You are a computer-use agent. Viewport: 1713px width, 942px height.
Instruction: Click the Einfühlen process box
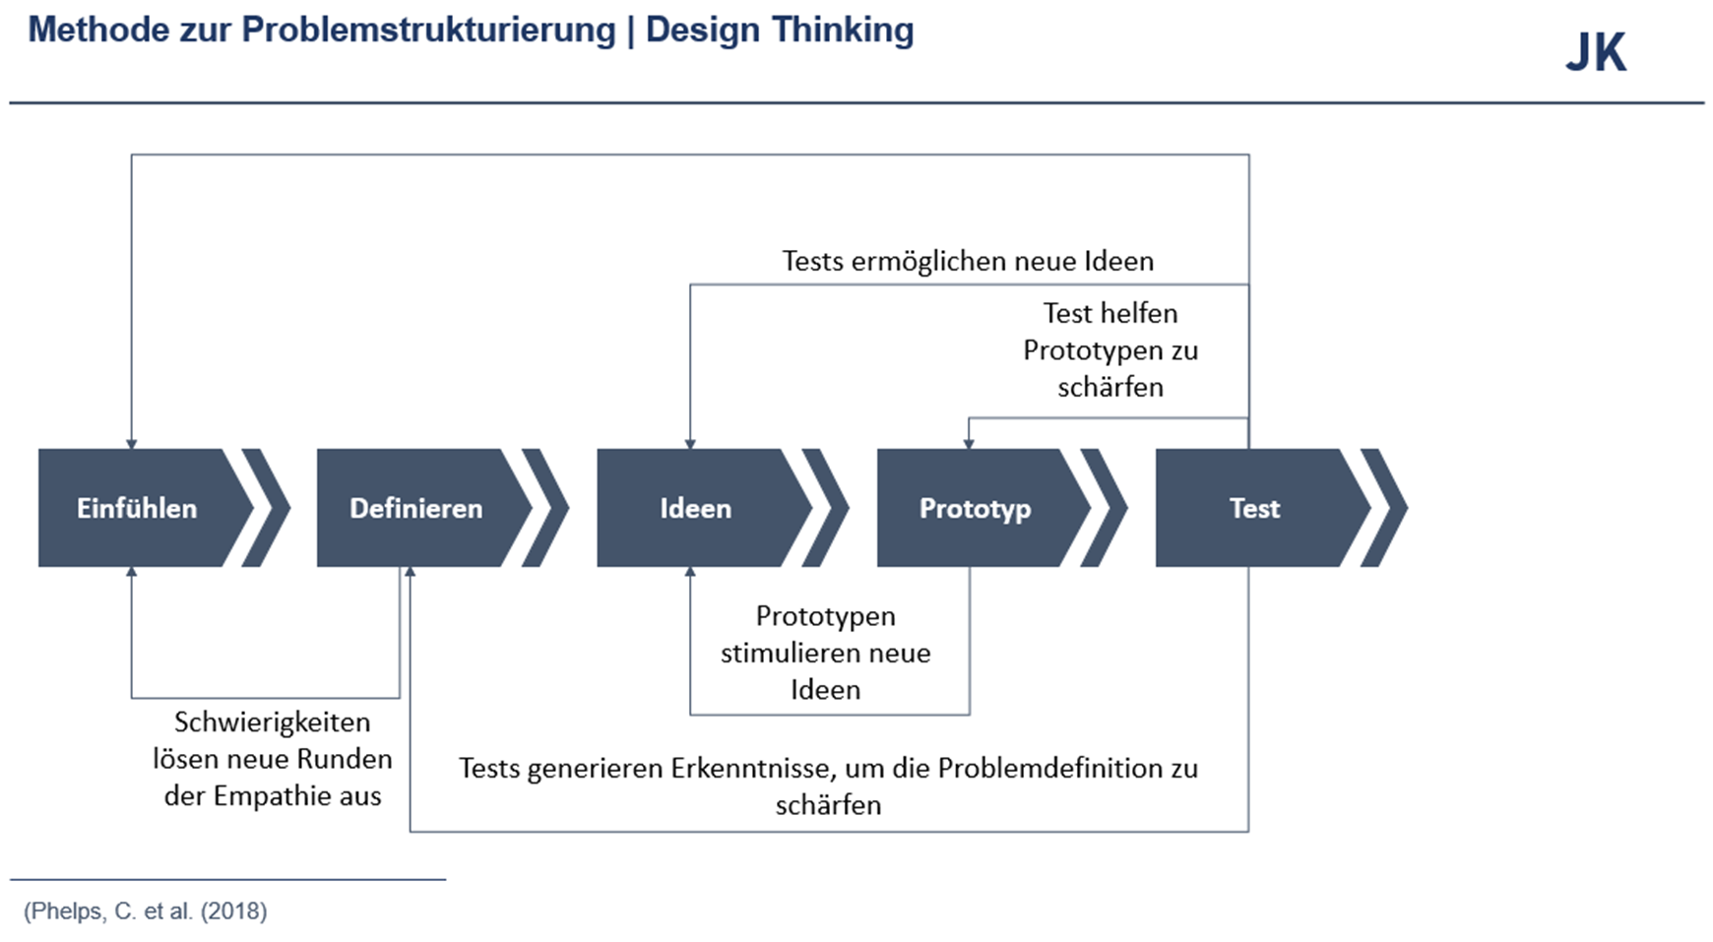[138, 508]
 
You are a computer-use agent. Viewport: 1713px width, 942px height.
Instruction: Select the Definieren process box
[416, 508]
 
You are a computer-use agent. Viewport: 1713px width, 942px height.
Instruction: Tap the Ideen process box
[696, 508]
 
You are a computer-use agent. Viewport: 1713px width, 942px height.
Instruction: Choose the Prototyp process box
[975, 508]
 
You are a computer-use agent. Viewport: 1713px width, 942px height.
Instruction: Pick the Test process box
[1254, 508]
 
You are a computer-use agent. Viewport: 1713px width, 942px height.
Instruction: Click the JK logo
[1596, 53]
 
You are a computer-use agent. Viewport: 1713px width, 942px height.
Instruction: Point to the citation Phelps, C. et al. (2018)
[146, 911]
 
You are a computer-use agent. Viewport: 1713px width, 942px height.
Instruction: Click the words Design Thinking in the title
[780, 31]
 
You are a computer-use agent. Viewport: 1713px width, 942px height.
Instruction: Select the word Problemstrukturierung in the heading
[428, 31]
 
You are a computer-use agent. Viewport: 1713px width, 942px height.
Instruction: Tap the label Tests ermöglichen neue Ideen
[968, 262]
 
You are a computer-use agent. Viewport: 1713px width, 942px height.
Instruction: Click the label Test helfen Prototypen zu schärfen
[1110, 350]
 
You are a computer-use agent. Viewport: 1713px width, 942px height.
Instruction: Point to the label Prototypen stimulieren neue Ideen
[825, 653]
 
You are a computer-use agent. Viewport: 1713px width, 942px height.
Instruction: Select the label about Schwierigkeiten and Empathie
[273, 759]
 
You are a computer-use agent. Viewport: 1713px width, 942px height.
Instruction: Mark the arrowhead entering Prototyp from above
[969, 444]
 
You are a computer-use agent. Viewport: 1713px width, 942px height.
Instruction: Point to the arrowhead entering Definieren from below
[411, 572]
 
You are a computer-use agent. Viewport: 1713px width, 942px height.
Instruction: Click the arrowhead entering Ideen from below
[690, 572]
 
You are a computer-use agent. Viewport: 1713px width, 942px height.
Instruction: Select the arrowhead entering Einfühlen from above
[132, 444]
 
